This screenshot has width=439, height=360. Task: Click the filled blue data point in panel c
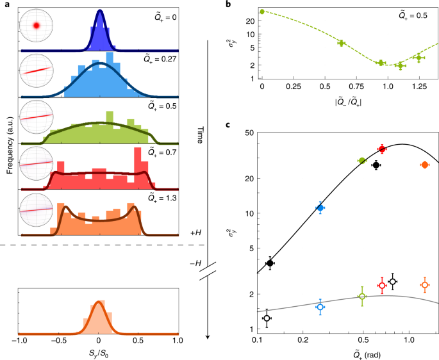[320, 208]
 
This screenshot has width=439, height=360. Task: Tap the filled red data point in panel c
[382, 149]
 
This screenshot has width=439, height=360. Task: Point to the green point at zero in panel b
[262, 12]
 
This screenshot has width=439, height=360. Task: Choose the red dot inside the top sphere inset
[37, 26]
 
